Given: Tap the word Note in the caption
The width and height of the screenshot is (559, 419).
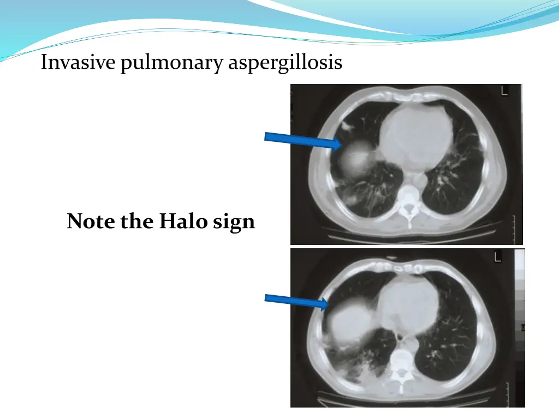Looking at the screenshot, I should click(91, 222).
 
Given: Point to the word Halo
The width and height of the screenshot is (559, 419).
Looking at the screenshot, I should click(180, 222).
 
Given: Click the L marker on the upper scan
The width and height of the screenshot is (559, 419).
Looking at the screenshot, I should click(503, 91).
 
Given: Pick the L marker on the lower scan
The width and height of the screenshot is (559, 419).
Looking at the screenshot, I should click(498, 256).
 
